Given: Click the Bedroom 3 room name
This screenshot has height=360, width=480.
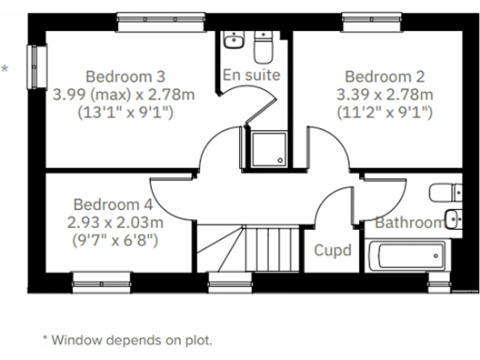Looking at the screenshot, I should (126, 76).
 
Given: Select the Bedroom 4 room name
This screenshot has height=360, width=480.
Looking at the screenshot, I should (112, 203).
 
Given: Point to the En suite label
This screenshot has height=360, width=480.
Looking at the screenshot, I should (252, 73).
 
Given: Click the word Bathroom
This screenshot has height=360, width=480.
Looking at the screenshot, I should (409, 223).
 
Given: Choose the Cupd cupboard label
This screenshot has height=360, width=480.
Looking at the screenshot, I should (333, 250).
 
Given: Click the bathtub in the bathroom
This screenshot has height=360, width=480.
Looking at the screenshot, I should (411, 255).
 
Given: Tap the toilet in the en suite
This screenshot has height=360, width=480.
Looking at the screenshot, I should (263, 44).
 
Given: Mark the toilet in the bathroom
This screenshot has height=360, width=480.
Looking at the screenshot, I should (445, 194).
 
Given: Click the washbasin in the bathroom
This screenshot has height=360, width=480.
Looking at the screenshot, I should (453, 220).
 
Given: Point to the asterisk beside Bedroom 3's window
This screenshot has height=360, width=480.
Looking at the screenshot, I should (7, 68).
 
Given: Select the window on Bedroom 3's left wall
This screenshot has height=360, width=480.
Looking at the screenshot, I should (38, 67).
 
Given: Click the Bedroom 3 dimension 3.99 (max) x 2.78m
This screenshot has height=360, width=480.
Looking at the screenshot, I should (126, 95).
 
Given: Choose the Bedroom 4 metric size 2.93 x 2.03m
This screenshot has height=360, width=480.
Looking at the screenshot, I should (112, 222).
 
